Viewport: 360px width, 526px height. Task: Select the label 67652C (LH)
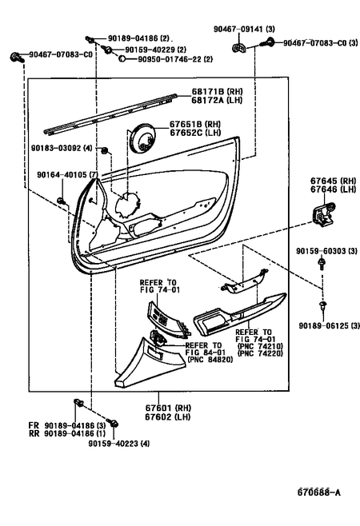pos(198,133)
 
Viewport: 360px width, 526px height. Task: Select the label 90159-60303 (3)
pos(322,252)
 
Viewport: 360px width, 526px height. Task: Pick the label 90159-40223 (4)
pos(118,443)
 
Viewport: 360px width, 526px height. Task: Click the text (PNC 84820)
pos(211,360)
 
